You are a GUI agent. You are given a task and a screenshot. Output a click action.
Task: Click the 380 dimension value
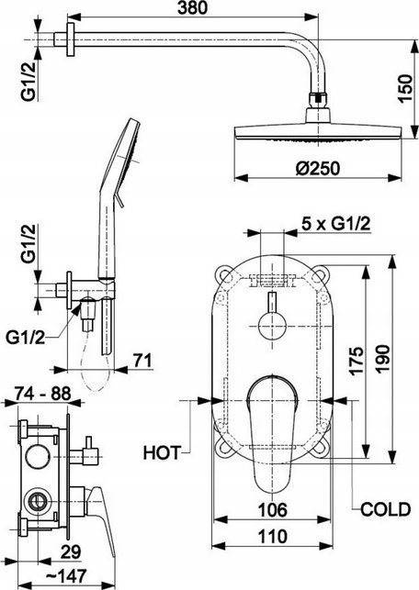192,7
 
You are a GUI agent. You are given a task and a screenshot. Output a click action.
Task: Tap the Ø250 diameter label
318,168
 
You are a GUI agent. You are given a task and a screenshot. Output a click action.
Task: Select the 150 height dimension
405,88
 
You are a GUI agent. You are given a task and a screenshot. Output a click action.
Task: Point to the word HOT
162,452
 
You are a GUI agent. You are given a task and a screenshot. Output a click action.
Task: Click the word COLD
385,509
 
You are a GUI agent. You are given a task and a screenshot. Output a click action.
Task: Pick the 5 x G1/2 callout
335,224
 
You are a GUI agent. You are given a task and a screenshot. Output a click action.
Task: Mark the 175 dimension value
357,361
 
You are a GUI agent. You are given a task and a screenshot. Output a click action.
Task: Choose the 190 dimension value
383,359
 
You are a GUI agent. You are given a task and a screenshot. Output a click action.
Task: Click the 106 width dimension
272,509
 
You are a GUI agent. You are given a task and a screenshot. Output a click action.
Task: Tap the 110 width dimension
272,536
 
